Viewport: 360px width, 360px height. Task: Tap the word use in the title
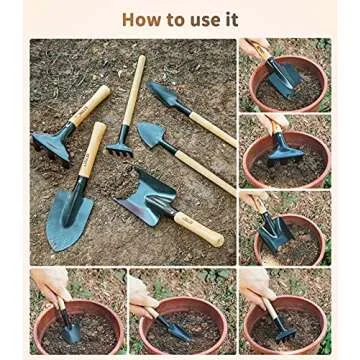coord(203,19)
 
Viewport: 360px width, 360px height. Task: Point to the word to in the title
coord(176,19)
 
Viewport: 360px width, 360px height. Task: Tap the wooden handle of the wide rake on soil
coord(89,104)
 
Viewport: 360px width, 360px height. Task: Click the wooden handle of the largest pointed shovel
coord(92,150)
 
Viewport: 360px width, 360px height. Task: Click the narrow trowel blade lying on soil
coord(164,96)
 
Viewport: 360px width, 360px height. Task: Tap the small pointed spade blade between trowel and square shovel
coord(153,136)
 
